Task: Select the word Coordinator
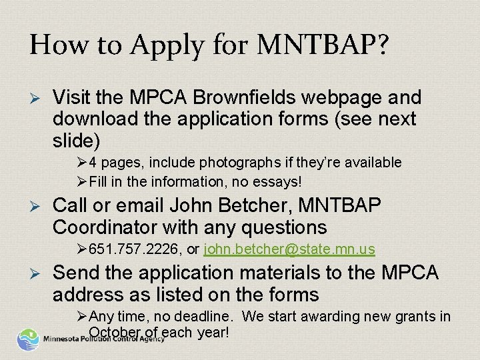110,228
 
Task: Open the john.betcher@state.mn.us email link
289,249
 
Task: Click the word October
114,332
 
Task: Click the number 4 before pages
93,162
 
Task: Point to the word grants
419,315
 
